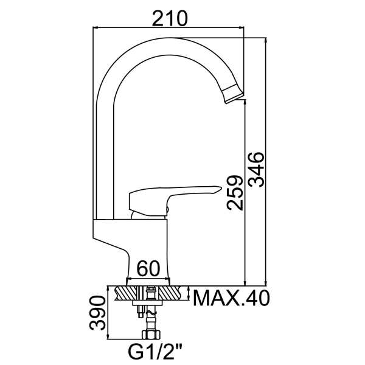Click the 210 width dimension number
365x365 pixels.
point(170,18)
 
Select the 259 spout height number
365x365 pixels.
point(235,193)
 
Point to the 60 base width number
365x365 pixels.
point(148,268)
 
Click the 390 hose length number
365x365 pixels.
point(97,313)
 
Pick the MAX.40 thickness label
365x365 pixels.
point(231,298)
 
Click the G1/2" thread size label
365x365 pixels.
point(155,352)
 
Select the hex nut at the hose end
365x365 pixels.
point(151,335)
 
